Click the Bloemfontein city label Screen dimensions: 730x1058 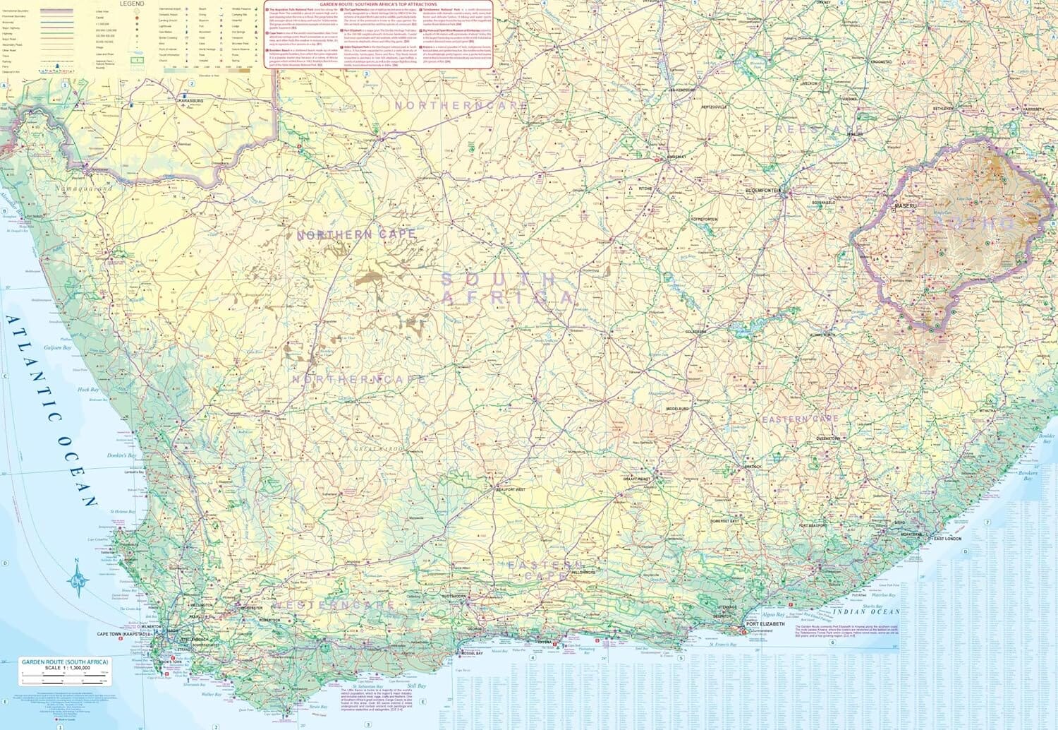coord(762,191)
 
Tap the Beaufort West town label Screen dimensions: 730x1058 coord(511,489)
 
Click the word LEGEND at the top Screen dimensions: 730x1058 coord(131,4)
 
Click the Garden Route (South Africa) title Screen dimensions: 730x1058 coord(65,662)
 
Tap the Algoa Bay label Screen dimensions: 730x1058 coord(774,615)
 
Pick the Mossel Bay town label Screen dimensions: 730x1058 coord(470,654)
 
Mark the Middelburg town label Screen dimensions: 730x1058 coord(677,409)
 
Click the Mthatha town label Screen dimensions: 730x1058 coord(987,411)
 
